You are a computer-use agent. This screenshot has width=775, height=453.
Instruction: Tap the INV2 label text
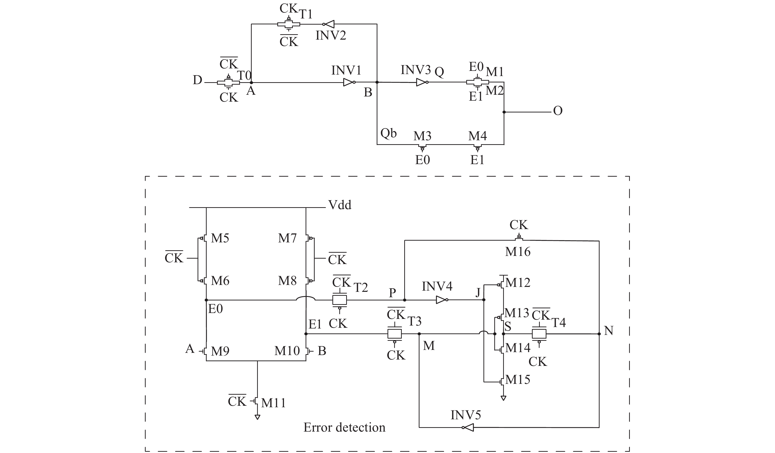[x=331, y=36]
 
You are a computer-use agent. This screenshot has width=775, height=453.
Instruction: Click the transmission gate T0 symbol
[x=229, y=82]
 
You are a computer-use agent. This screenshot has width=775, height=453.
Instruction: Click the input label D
[x=197, y=80]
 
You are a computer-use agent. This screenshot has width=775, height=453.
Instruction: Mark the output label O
[x=558, y=111]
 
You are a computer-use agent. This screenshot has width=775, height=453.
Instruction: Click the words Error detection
[x=344, y=427]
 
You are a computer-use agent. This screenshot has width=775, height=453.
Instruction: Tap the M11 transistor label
[x=273, y=403]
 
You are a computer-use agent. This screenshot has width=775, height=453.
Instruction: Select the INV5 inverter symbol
[x=468, y=427]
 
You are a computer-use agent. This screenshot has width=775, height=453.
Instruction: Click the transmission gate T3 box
[x=395, y=334]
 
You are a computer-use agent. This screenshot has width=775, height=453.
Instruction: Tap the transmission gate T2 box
[x=340, y=300]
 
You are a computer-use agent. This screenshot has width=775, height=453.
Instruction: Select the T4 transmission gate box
[x=539, y=334]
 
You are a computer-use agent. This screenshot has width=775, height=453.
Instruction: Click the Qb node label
[x=388, y=133]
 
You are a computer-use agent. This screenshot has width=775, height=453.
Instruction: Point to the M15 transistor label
[x=518, y=380]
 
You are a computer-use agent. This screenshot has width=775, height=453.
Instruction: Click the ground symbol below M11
[x=257, y=417]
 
